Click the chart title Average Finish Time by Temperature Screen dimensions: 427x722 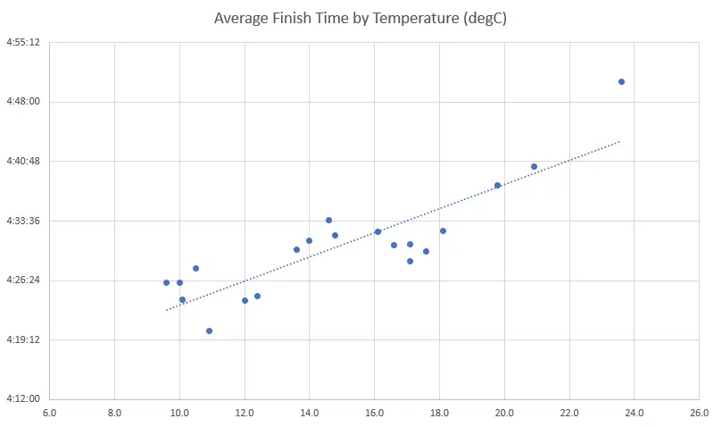[x=361, y=18]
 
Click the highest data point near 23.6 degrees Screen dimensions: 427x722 [x=621, y=81]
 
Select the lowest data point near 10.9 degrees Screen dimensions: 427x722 [x=209, y=331]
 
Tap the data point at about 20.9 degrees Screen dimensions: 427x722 [x=534, y=166]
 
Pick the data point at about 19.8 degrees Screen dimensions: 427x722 [x=498, y=185]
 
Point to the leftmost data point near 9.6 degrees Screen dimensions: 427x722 [x=166, y=282]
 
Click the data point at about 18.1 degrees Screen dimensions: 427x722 [x=443, y=230]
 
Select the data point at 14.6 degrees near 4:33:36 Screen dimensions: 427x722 [x=328, y=220]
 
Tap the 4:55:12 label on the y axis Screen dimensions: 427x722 [x=23, y=42]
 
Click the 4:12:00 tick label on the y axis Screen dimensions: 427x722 [x=23, y=398]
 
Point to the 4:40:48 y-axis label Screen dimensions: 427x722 [x=23, y=161]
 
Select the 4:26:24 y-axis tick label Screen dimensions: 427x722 [x=23, y=280]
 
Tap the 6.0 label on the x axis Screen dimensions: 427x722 [x=50, y=413]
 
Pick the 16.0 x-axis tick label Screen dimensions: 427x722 [x=375, y=413]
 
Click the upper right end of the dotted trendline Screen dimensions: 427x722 [x=619, y=141]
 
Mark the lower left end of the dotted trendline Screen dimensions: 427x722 [x=166, y=310]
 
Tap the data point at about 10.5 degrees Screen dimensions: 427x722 [x=195, y=268]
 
